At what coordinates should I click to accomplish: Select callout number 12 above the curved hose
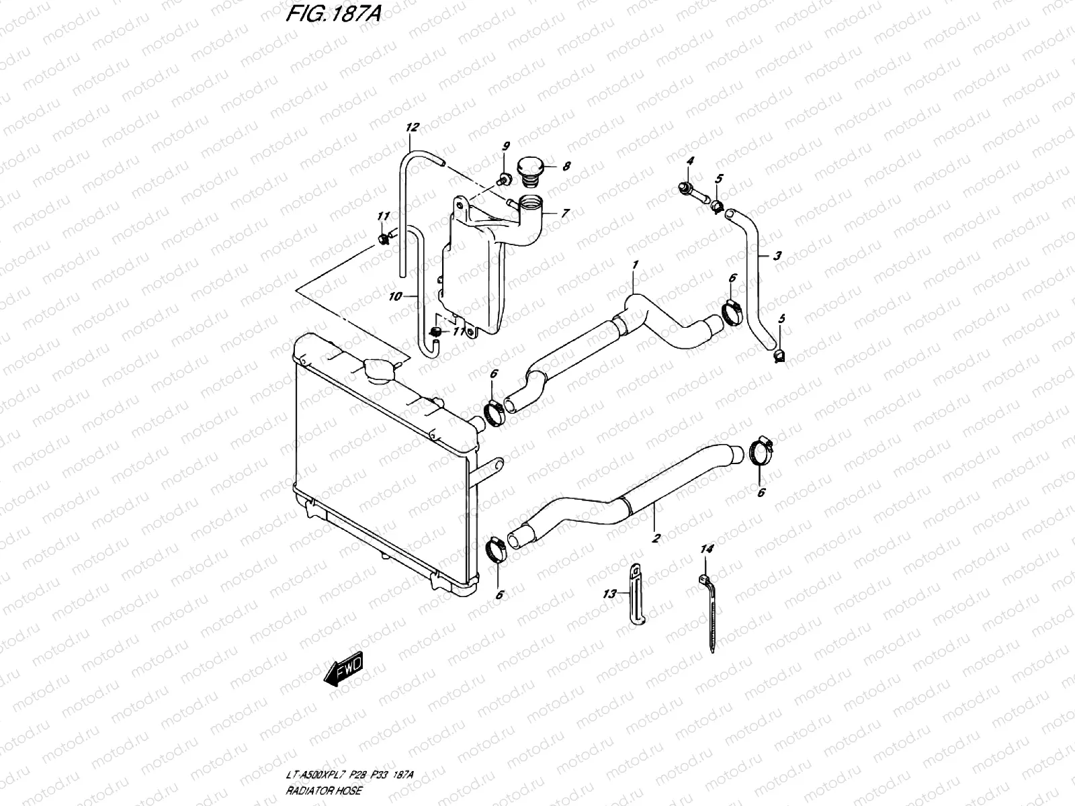pos(412,127)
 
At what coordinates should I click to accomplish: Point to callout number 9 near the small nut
pos(506,146)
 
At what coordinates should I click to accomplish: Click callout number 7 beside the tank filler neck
pos(565,213)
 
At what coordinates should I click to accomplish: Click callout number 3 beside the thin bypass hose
pos(777,255)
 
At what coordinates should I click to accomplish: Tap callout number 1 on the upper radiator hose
pos(634,265)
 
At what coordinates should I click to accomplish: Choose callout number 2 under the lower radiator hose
pos(656,537)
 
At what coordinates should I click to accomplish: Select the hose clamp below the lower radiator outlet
pos(497,551)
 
